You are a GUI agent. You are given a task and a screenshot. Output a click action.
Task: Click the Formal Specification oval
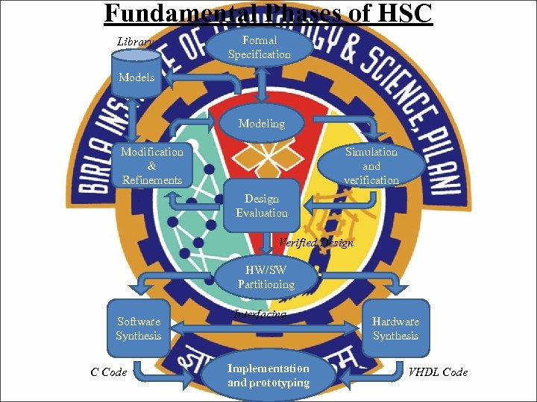(x=260, y=47)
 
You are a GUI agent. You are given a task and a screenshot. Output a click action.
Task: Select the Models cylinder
(x=137, y=77)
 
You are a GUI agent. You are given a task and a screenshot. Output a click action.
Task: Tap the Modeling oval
(x=261, y=124)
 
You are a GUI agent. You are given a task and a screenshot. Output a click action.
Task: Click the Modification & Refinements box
(x=152, y=165)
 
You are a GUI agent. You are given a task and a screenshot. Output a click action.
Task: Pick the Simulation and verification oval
(x=371, y=165)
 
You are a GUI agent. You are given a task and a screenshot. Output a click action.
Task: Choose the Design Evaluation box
(x=262, y=205)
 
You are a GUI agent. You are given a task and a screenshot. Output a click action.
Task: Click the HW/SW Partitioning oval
(x=266, y=277)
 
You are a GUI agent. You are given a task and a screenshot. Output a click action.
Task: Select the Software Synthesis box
(x=139, y=328)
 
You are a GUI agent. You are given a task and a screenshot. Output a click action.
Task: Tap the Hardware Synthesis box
(x=396, y=328)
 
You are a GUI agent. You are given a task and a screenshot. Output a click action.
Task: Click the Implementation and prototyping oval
(x=268, y=375)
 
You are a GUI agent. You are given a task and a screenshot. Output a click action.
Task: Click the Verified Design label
(x=315, y=243)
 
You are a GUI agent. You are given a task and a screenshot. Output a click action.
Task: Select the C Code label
(x=109, y=371)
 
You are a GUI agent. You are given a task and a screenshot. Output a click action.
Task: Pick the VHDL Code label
(x=438, y=371)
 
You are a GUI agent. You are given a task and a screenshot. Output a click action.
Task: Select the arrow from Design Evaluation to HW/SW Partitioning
(x=267, y=243)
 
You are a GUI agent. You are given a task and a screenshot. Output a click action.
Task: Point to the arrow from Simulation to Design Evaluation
(x=321, y=201)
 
